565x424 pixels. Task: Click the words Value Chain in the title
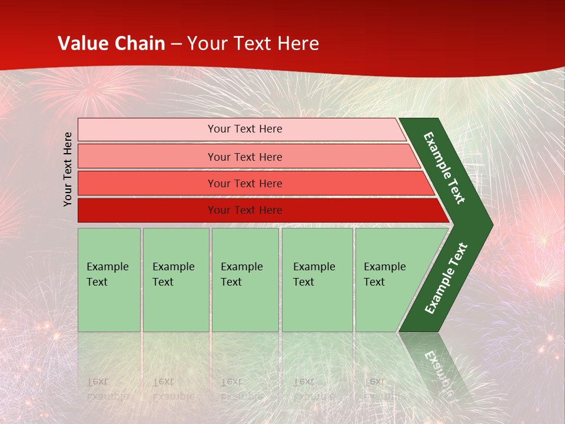[x=111, y=43]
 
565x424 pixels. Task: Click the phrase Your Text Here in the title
[x=253, y=43]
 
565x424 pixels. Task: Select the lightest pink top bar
[x=242, y=130]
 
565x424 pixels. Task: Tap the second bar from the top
[x=249, y=156]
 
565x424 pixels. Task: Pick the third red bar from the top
[x=256, y=183]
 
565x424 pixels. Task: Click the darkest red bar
[x=264, y=210]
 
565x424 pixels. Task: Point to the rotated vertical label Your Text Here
[x=67, y=169]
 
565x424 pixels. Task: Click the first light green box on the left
[x=109, y=280]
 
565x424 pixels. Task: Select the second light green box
[x=176, y=280]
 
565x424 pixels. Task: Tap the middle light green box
[x=245, y=280]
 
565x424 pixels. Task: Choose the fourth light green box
[x=317, y=280]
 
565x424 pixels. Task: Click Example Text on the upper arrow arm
[x=444, y=168]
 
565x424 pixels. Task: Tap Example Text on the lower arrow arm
[x=446, y=278]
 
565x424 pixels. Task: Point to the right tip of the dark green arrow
[x=493, y=225]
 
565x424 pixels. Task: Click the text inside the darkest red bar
[x=245, y=210]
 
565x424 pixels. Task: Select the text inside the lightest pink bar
[x=245, y=129]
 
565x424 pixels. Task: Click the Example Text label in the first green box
[x=108, y=274]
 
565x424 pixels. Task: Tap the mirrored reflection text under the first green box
[x=108, y=389]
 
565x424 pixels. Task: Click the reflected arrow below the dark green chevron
[x=436, y=364]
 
